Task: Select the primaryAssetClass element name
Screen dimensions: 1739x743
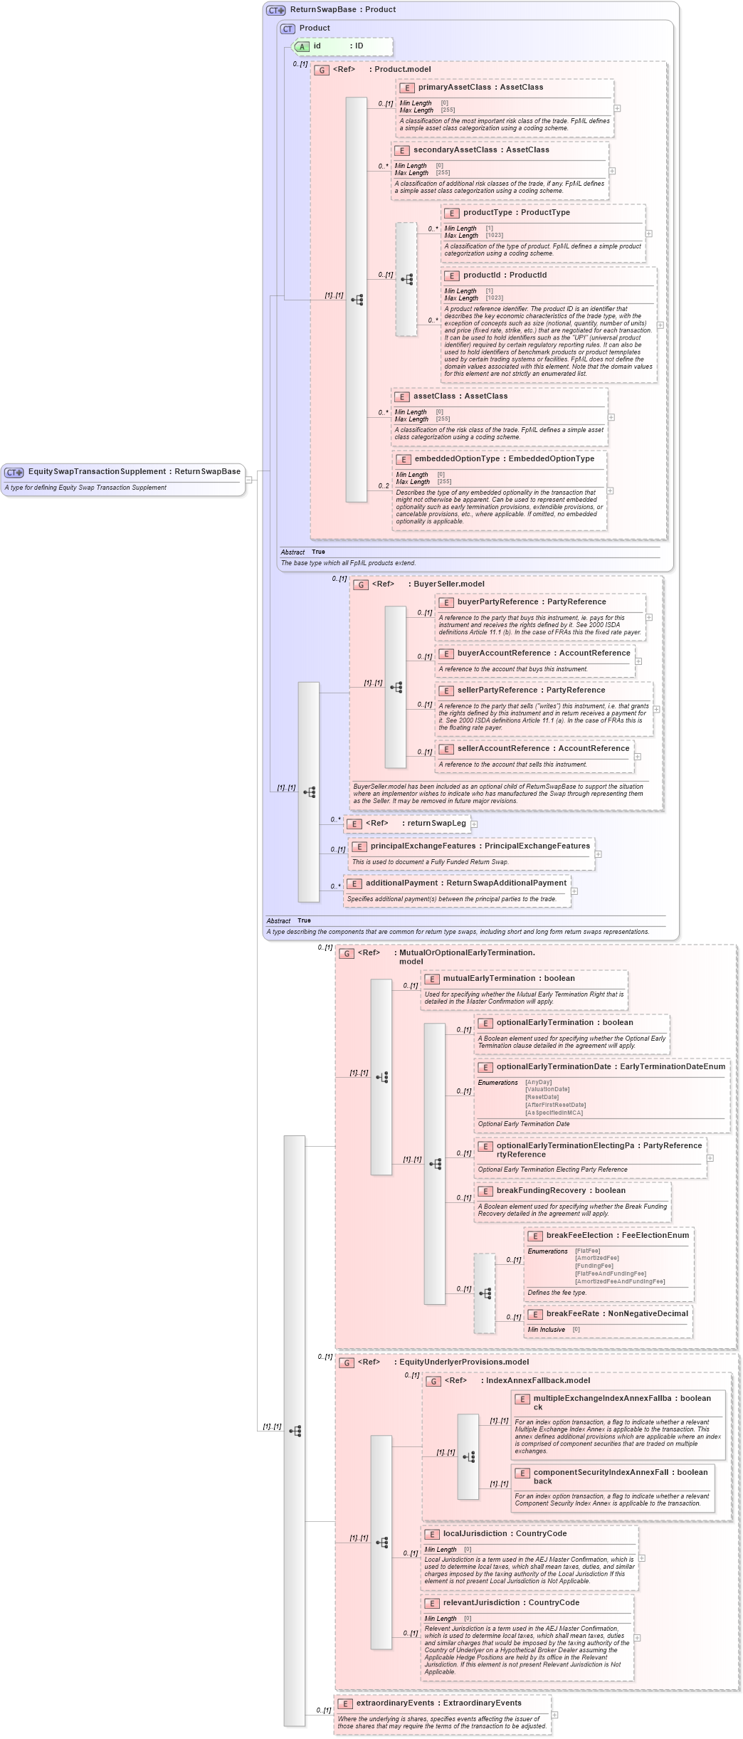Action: point(454,87)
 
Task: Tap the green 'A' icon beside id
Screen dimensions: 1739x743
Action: point(302,46)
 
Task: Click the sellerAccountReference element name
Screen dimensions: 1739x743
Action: point(502,748)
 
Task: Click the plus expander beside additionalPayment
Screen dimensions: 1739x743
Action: point(574,890)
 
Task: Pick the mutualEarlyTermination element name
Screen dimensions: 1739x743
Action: point(489,978)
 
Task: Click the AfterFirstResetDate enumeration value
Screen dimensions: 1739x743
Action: point(555,1105)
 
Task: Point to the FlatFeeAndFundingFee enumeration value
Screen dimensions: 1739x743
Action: point(610,1273)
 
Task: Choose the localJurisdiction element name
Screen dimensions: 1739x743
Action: point(475,1533)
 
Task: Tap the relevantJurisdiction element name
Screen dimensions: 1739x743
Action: point(481,1602)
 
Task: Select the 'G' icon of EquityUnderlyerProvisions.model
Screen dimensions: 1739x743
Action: point(347,1362)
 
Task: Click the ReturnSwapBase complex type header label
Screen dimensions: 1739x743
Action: point(322,9)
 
